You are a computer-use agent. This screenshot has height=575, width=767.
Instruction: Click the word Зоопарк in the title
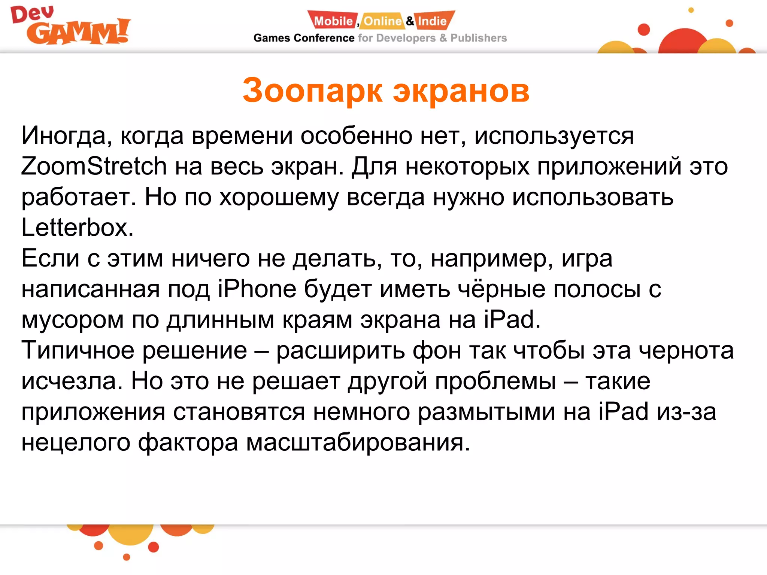312,91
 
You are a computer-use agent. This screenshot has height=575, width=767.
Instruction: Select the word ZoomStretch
94,166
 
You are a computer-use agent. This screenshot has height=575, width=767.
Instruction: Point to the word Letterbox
77,228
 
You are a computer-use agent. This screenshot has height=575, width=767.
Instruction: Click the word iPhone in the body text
257,289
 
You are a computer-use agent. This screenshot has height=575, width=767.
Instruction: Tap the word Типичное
78,350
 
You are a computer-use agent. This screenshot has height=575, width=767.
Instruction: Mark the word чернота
686,350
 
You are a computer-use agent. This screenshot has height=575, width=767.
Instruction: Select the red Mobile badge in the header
333,21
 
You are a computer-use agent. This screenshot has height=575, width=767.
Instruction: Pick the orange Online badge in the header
382,21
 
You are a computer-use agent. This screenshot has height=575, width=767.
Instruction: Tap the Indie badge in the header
432,21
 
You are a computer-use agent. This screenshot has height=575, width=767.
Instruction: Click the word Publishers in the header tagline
478,38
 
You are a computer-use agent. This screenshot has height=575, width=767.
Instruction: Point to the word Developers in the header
406,38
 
